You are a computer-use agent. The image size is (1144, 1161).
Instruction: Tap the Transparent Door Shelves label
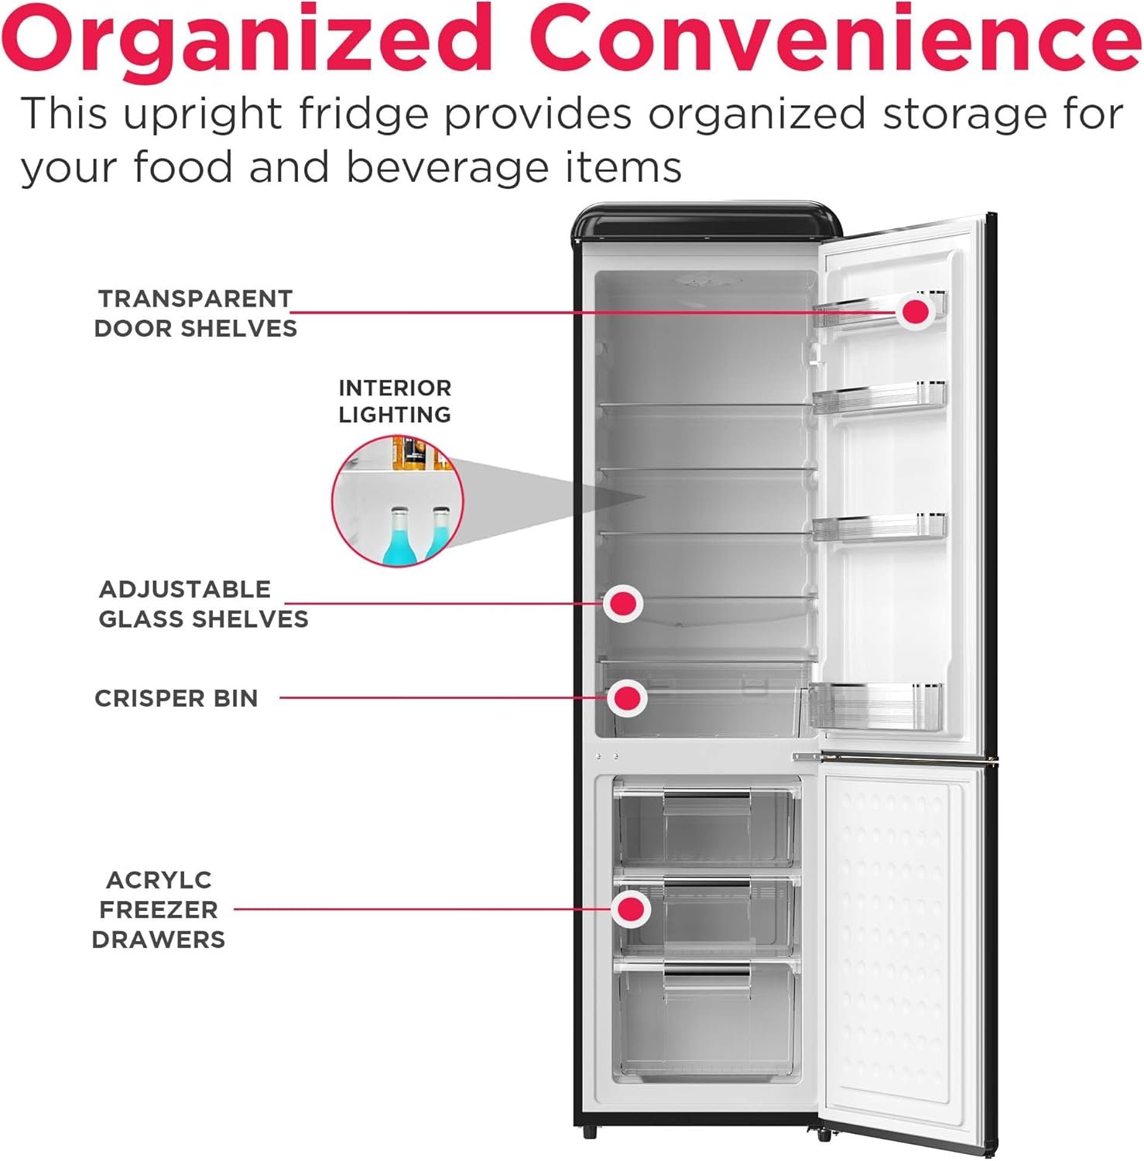(195, 313)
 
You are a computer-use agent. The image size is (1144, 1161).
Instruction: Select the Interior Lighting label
(395, 401)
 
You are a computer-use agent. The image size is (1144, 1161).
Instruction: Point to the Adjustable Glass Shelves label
(203, 604)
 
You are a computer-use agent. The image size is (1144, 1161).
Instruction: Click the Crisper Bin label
(176, 698)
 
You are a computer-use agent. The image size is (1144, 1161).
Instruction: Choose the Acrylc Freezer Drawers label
(159, 909)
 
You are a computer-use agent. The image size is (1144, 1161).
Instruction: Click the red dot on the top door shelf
(916, 311)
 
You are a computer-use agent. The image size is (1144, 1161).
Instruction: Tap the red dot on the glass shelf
(623, 603)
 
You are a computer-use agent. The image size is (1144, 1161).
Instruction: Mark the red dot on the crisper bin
(627, 698)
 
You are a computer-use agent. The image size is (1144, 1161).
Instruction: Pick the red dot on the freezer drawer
(631, 909)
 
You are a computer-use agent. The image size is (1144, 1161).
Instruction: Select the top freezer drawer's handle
(706, 795)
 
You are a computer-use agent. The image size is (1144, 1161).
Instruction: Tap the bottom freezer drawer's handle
(706, 969)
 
